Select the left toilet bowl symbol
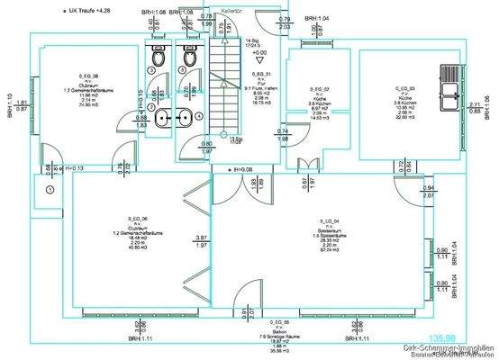pyautogui.click(x=159, y=57)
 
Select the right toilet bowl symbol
pyautogui.click(x=188, y=57)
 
